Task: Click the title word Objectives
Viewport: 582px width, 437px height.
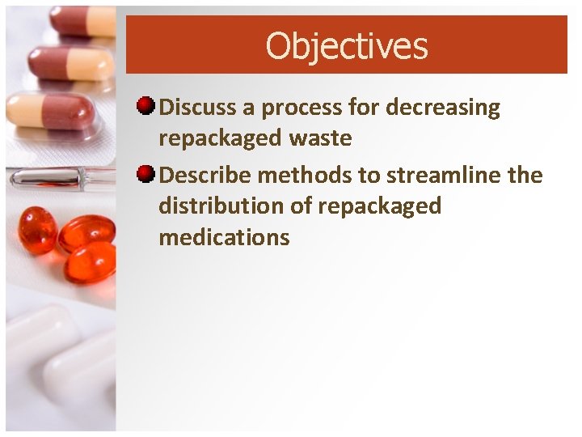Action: coord(346,46)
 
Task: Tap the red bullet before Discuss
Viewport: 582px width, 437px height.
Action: coord(145,107)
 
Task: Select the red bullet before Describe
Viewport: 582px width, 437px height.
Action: coord(145,174)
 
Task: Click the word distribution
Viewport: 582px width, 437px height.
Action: coord(218,206)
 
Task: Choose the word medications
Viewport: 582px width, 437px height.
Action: coord(224,237)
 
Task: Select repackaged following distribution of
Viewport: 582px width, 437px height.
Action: coord(379,207)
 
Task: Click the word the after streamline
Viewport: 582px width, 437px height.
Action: coord(525,175)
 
